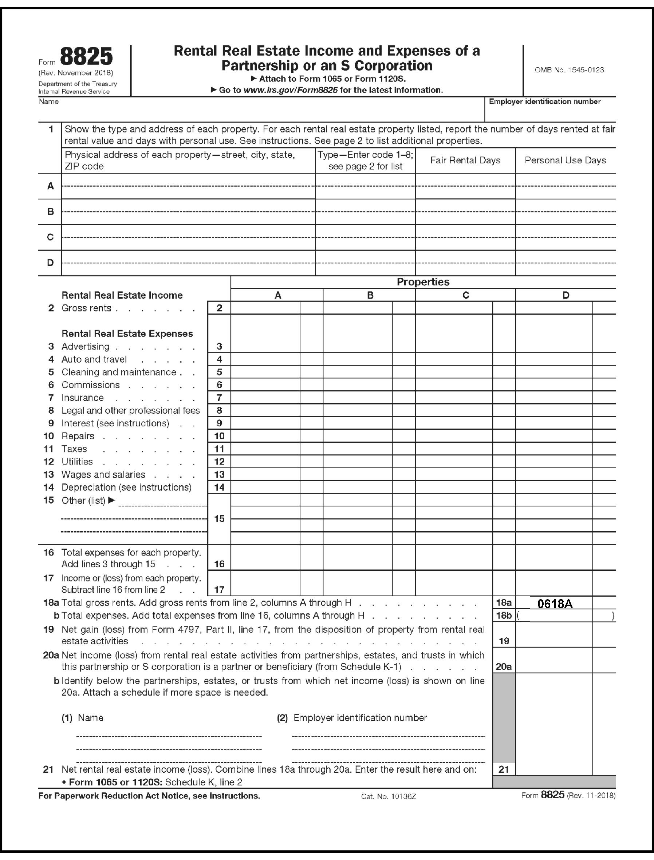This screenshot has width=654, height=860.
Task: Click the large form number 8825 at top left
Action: pos(86,57)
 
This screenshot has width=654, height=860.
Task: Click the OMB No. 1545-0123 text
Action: pos(569,70)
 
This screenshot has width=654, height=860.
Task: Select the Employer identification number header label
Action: pos(545,101)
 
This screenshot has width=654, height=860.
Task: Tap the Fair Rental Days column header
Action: pos(465,160)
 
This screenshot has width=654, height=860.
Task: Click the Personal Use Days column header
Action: pos(565,160)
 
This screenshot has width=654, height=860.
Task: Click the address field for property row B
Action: pos(188,212)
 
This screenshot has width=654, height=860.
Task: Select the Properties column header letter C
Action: pos(466,295)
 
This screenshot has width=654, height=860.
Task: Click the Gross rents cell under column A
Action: pos(265,308)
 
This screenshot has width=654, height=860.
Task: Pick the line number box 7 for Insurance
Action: pos(219,398)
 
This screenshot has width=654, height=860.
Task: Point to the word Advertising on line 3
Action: pos(85,347)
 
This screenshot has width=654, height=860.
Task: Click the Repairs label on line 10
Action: pos(78,436)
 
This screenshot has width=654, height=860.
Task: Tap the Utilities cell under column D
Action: pos(554,462)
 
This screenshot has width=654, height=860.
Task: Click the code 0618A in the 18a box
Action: pos(554,603)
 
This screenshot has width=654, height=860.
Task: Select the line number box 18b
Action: pos(504,616)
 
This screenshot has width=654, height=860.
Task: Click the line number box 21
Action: pos(504,769)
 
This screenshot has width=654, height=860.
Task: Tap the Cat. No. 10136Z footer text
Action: pos(389,797)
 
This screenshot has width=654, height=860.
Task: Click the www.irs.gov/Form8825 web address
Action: pos(290,90)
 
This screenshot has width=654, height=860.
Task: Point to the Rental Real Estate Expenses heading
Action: pos(127,334)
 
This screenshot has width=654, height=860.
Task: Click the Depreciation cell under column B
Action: pos(358,487)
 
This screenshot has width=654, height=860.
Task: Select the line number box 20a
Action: pos(504,667)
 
